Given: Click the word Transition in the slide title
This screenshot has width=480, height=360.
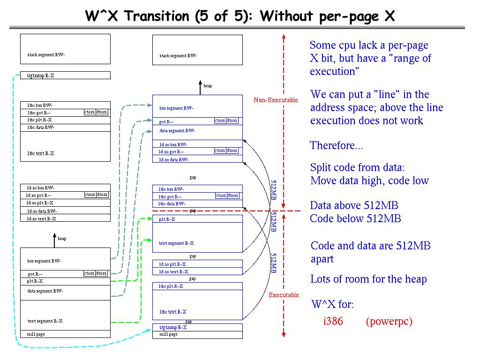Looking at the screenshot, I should pos(158,16).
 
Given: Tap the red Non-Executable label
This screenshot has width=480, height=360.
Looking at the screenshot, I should pos(276,100).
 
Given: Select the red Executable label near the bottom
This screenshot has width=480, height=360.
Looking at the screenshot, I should pos(284,295).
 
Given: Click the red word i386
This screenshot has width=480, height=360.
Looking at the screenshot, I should pos(333,322).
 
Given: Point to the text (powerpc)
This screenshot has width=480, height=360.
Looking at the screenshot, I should pos(389,322).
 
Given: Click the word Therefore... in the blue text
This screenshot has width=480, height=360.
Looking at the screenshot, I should pos(336,145).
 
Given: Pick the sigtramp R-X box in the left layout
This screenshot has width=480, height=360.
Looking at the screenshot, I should pos(65,75).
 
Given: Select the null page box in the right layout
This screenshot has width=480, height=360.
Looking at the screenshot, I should pos(197,334).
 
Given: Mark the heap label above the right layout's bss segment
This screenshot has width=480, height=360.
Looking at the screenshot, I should pos(207,86).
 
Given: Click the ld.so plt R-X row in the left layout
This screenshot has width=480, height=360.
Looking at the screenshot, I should pos(65,203).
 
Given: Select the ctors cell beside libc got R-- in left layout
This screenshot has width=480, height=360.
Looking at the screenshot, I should pos(90,112).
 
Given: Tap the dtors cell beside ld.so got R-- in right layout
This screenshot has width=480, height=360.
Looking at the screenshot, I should pos(232,150).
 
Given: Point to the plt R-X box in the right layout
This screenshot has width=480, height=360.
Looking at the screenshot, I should pos(197,219).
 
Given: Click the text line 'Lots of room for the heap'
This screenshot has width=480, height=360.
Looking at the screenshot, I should pos(368,279).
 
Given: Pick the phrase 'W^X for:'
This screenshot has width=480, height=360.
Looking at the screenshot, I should pos(332,305).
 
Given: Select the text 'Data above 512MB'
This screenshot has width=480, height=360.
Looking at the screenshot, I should pos(354,205).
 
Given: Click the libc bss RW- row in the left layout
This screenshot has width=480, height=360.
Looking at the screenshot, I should pos(65,105).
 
